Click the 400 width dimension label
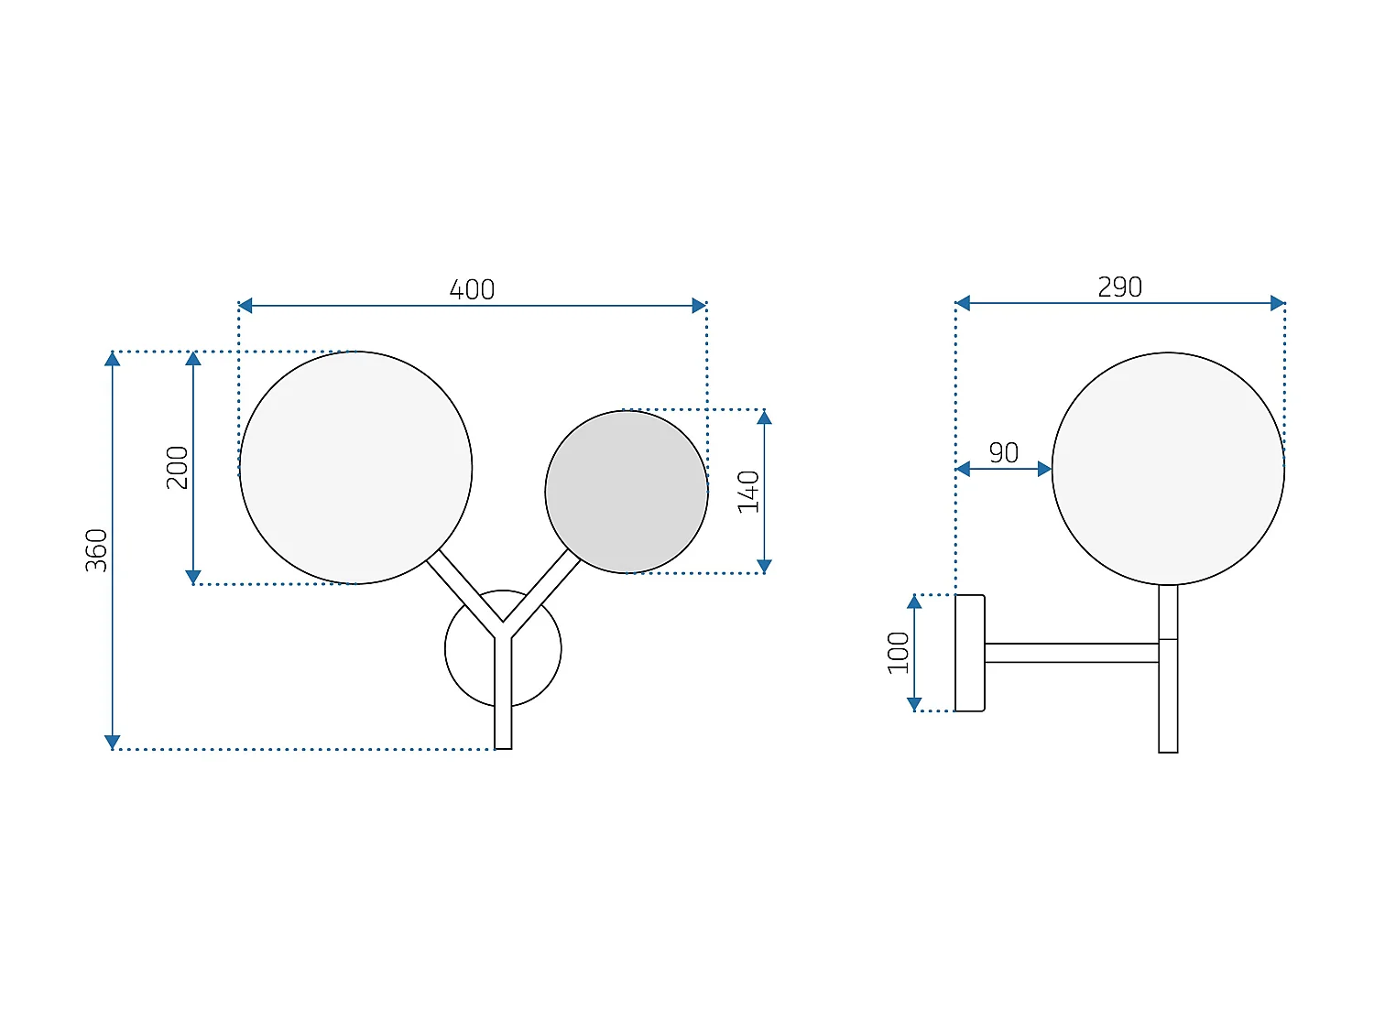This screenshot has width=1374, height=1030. pos(472,289)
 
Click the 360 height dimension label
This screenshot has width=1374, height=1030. pos(97,550)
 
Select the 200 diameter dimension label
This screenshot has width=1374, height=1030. pos(178,467)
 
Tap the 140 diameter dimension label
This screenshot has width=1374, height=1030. pos(749,492)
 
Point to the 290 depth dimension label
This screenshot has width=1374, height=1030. pos(1119,287)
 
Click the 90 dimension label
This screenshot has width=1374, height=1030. pos(1003,452)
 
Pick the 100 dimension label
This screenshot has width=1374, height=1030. pos(899,652)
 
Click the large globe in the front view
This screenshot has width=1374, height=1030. pos(355,468)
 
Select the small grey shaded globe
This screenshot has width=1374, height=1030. pos(627,492)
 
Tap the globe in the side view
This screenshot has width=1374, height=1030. pos(1168,469)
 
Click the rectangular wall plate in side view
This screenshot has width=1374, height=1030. pos(970,653)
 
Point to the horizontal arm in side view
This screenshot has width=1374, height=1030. pos(1071,653)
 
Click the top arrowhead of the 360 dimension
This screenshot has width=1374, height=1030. pos(113,359)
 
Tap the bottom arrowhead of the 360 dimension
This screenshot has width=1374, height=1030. pos(113,742)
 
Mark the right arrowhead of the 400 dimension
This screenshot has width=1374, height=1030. pos(699,306)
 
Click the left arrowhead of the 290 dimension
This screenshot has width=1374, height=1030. pos(963,303)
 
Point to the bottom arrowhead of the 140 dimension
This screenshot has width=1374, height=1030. pos(764,566)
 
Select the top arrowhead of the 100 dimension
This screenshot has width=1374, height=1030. pos(914,602)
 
